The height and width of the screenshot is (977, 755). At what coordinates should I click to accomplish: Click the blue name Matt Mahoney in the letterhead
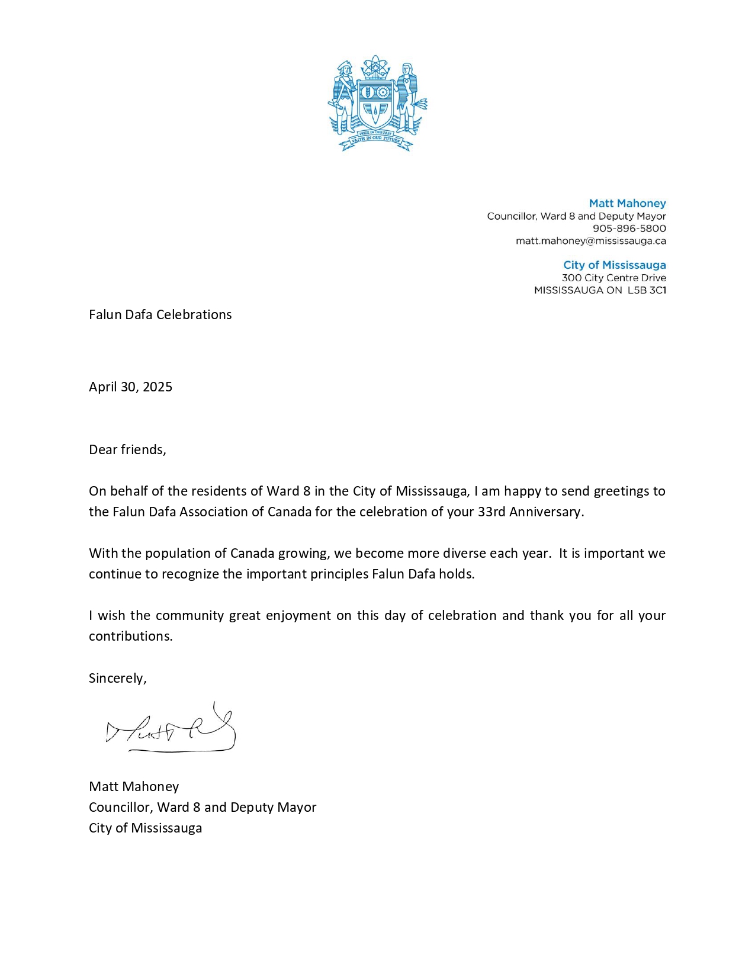(627, 203)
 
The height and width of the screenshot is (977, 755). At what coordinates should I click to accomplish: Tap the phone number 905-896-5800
(629, 229)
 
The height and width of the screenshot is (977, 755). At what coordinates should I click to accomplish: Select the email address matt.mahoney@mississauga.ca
(590, 241)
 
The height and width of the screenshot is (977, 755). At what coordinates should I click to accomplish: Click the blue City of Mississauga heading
(614, 265)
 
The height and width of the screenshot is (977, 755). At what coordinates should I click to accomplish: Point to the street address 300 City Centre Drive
(613, 278)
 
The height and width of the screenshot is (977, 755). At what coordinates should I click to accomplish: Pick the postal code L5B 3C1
(647, 290)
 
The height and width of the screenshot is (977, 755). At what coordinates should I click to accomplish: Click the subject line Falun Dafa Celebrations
(160, 314)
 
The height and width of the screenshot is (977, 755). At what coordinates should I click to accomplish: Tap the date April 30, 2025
(130, 387)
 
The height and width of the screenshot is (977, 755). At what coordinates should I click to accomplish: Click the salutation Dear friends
(127, 449)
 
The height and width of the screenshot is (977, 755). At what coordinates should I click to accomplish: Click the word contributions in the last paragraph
(130, 636)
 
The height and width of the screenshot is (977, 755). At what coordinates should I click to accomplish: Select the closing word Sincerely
(117, 678)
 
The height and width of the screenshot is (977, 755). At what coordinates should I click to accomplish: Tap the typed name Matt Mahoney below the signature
(134, 786)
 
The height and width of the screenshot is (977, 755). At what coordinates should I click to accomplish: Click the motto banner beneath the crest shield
(375, 139)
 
